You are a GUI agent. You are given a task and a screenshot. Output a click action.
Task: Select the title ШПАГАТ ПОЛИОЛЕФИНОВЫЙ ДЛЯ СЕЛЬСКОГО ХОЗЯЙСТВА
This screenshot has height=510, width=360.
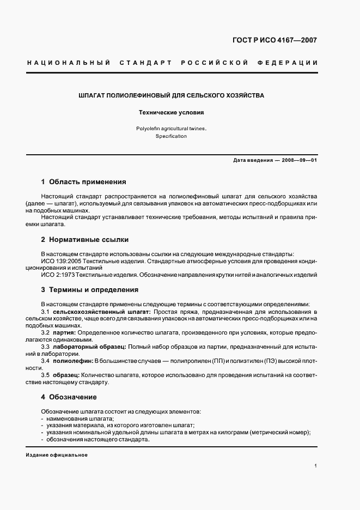pyautogui.click(x=172, y=95)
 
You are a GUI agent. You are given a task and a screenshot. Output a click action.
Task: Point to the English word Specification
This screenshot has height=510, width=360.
pyautogui.click(x=171, y=136)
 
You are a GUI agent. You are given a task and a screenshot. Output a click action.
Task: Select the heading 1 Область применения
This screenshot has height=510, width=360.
pyautogui.click(x=83, y=181)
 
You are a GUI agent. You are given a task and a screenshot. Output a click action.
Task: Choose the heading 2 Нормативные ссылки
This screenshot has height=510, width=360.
pyautogui.click(x=84, y=239)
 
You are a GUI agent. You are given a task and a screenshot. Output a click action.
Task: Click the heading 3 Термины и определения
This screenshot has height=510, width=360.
pyautogui.click(x=89, y=290)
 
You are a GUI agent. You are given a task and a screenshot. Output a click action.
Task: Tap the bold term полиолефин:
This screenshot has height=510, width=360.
pyautogui.click(x=74, y=361)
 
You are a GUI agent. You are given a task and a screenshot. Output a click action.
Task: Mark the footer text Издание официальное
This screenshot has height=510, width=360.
pyautogui.click(x=57, y=455)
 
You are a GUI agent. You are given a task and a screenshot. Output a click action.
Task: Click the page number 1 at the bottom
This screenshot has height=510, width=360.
pyautogui.click(x=316, y=466)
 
